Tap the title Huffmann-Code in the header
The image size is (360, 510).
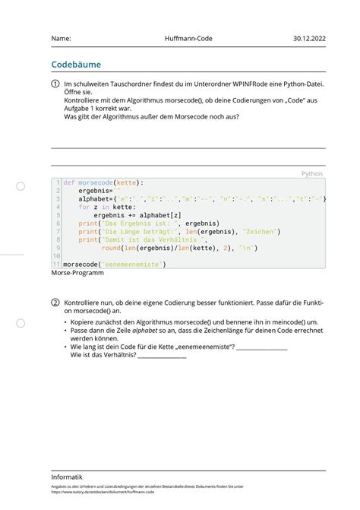[187, 38]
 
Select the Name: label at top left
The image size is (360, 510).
[62, 38]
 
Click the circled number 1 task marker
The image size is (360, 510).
[55, 84]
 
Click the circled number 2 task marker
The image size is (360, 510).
[55, 302]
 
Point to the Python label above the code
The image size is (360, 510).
[311, 174]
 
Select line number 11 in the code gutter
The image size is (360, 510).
[56, 265]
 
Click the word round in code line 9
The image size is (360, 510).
[111, 248]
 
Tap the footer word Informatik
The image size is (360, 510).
[68, 477]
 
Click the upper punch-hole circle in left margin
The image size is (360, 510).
[21, 185]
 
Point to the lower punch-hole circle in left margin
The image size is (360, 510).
[21, 323]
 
